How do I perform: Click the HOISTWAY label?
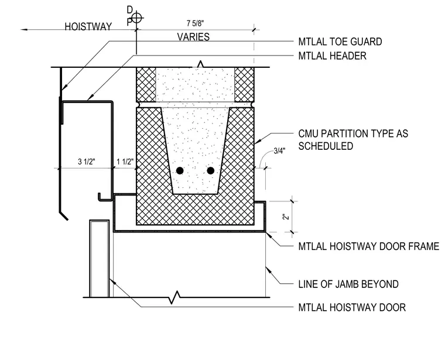point(88,27)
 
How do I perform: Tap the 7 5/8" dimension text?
point(195,23)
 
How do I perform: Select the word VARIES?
point(193,37)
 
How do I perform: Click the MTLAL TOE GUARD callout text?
point(340,42)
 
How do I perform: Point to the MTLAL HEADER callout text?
point(333,56)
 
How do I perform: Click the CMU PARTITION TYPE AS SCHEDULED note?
point(353,140)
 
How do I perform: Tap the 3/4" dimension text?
point(279,151)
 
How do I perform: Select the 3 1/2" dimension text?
point(87,162)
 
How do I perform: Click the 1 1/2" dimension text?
point(125,162)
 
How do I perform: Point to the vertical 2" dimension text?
point(286,217)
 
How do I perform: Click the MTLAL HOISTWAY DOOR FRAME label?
point(369,246)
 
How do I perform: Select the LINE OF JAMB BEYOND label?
point(348,284)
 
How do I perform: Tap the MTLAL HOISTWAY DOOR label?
point(352,307)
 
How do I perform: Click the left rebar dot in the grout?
point(180,170)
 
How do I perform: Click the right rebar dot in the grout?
point(211,170)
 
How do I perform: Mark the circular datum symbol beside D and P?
point(137,18)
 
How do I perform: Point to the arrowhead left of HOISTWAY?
point(24,29)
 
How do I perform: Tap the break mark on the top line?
point(201,64)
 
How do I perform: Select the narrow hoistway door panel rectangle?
point(100,259)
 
